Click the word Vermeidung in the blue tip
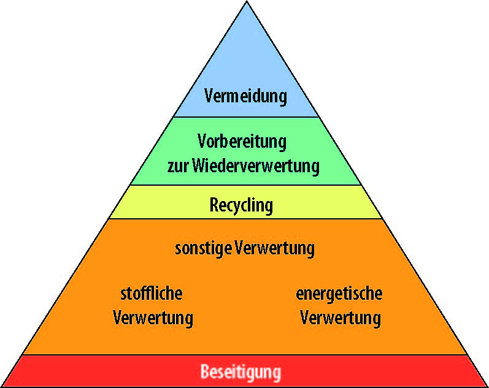point(245,96)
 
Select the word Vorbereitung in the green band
point(242,142)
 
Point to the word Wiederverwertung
point(256,166)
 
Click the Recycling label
point(241,206)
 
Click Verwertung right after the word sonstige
point(274,249)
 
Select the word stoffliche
point(152,294)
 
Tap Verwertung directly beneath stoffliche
point(153,318)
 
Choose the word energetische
point(339,294)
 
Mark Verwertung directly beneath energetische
point(341,318)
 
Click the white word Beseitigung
point(241,372)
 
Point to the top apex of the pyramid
point(247,2)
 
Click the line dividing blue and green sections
point(246,117)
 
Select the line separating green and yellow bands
point(246,185)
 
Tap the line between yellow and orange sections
point(246,219)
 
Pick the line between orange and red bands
point(245,355)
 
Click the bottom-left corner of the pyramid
point(2,386)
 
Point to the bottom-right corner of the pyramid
point(487,386)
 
